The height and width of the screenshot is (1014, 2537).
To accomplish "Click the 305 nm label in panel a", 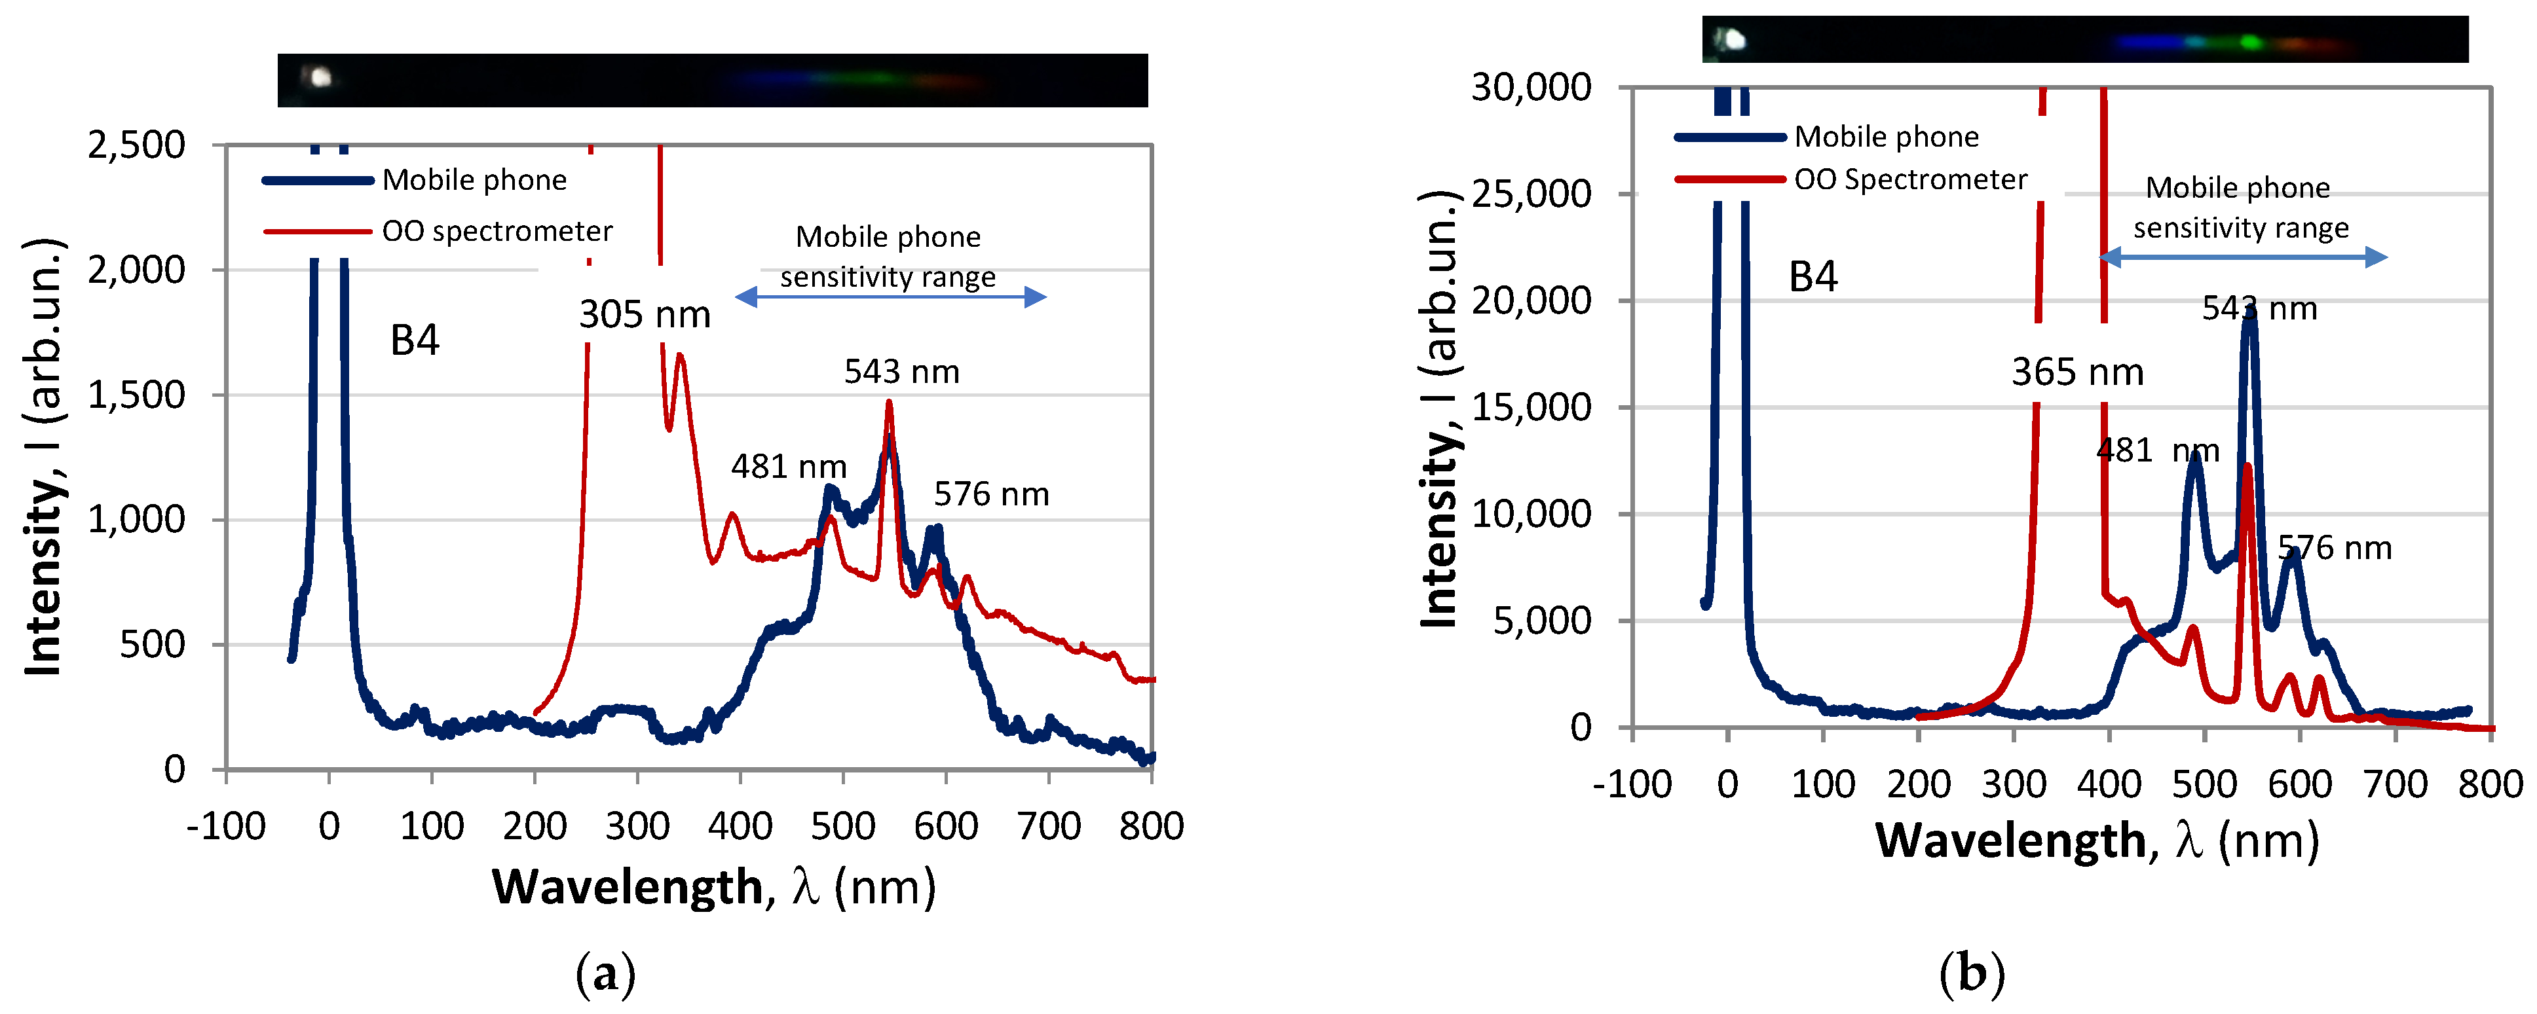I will pos(644,315).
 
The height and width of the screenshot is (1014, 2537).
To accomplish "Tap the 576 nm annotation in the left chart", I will pos(991,494).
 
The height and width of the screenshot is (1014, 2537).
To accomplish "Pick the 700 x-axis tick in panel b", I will pos(2395,785).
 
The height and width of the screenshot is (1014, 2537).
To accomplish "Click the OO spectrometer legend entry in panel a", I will pos(497,231).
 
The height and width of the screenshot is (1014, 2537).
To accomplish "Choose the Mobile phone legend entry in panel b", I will pos(1885,137).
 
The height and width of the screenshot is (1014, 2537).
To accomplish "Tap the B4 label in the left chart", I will pos(415,340).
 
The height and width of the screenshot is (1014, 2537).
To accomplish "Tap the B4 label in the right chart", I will pos(1812,277).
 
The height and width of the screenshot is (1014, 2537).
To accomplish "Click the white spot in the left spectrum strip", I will pos(319,77).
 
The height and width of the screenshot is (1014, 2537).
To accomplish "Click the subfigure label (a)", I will pos(605,975).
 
